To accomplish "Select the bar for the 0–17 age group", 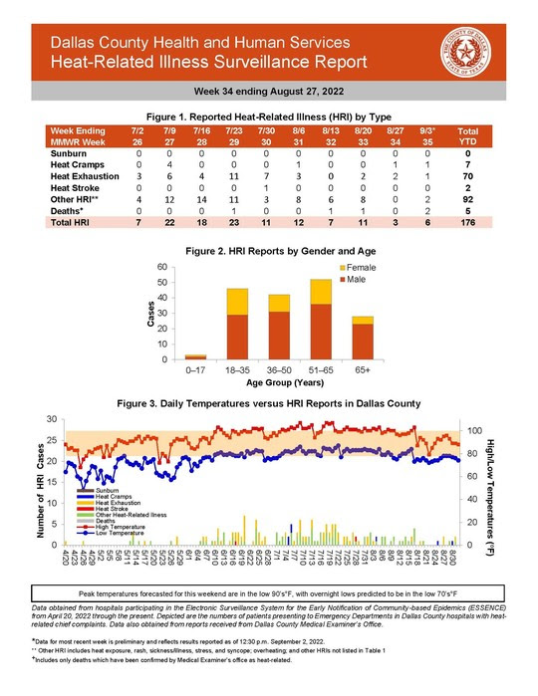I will coord(195,355).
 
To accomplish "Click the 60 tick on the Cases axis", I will coord(162,268).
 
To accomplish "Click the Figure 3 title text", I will coord(269,403).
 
